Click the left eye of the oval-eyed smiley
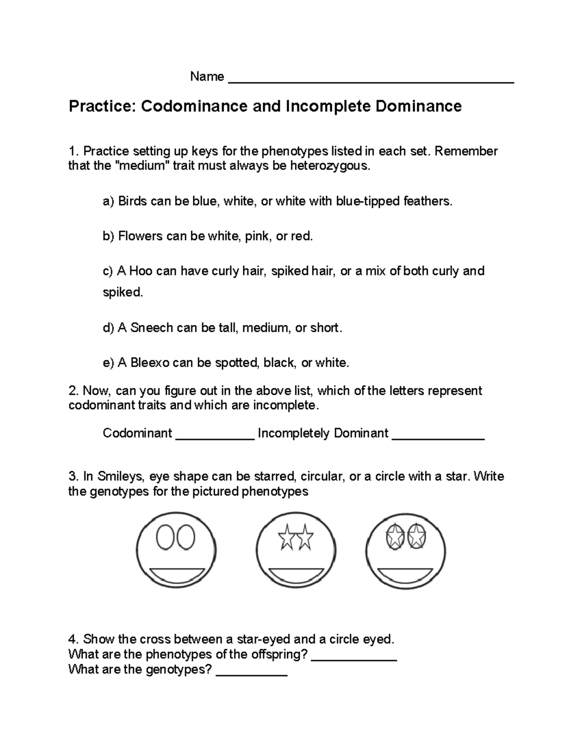point(165,538)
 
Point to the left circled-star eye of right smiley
point(394,537)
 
